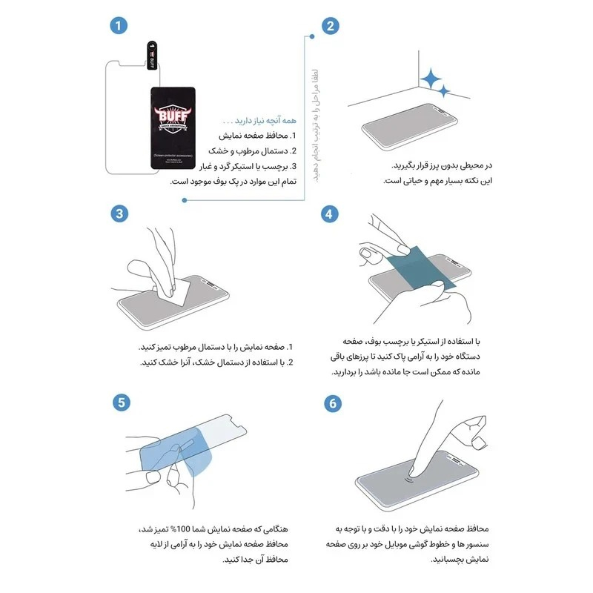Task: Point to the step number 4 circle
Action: [331, 213]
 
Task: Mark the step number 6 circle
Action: [331, 402]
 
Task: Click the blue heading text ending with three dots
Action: [259, 121]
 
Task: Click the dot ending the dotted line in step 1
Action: [182, 198]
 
